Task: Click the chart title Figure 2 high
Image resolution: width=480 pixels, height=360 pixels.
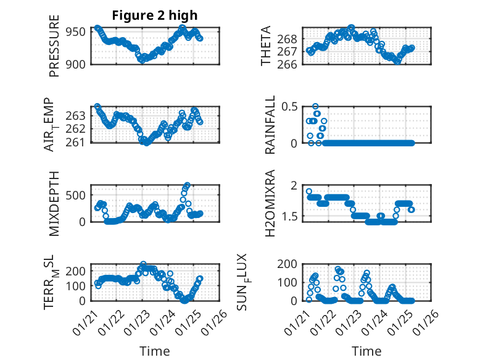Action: pos(154,15)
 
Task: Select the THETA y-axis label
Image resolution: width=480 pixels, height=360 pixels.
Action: pos(266,46)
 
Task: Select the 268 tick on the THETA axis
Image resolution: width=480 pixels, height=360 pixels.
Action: pos(292,38)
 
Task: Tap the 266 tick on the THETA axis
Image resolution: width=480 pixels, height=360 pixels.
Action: pos(292,64)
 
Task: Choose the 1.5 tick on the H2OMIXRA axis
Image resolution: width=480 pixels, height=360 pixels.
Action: pos(292,216)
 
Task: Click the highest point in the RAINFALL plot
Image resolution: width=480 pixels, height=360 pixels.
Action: pos(315,106)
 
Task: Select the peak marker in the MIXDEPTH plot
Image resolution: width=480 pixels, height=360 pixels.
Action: pos(187,185)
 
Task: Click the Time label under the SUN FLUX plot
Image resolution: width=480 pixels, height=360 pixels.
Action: pos(366,351)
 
